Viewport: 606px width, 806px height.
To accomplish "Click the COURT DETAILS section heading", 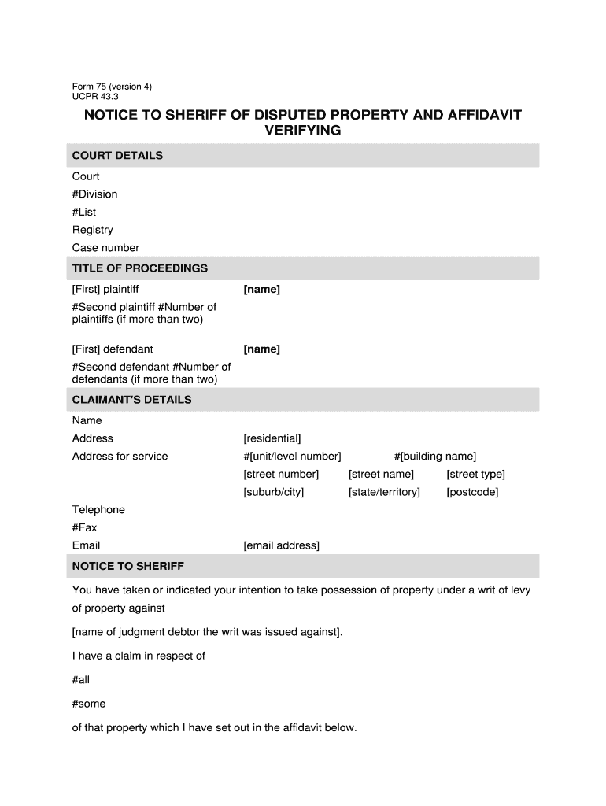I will [x=117, y=156].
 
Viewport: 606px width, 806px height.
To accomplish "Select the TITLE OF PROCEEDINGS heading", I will [x=140, y=268].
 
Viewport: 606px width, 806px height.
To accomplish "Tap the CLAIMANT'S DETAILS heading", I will [x=131, y=400].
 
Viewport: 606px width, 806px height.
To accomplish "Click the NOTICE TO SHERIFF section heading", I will [x=127, y=566].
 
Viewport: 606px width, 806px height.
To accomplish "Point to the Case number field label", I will [x=105, y=248].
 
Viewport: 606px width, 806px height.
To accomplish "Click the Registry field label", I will [x=93, y=230].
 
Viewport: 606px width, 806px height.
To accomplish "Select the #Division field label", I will [x=94, y=194].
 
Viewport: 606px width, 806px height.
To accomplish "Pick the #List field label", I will [x=84, y=213].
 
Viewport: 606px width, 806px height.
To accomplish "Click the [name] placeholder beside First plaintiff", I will [x=261, y=290].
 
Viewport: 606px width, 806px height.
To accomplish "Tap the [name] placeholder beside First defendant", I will [x=261, y=349].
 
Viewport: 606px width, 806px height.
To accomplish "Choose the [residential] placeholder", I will [x=272, y=438].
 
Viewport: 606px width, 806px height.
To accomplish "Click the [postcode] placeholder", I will [x=472, y=492].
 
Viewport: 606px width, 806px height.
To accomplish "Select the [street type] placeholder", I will [x=475, y=474].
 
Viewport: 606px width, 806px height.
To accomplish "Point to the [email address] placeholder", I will [x=282, y=545].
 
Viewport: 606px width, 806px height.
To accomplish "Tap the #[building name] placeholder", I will [x=435, y=457].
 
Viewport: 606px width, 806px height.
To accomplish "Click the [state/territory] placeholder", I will [x=384, y=492].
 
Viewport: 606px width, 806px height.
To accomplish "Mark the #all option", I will [x=82, y=679].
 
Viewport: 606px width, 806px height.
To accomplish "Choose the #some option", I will [x=89, y=704].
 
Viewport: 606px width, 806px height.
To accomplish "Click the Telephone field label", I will [x=98, y=510].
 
